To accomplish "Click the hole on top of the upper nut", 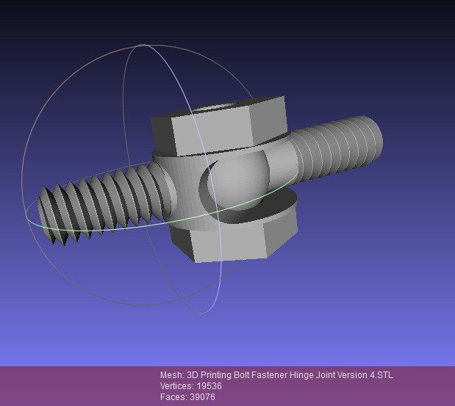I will click(221, 111).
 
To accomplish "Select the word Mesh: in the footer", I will click(172, 375).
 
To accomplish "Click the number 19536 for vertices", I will click(209, 386).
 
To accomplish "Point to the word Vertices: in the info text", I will click(177, 386).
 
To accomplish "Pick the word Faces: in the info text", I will click(173, 397).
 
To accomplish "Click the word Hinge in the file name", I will click(293, 375).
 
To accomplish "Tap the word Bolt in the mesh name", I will click(232, 375).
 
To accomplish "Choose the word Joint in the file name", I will click(317, 375).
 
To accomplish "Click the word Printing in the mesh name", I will click(205, 375).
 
